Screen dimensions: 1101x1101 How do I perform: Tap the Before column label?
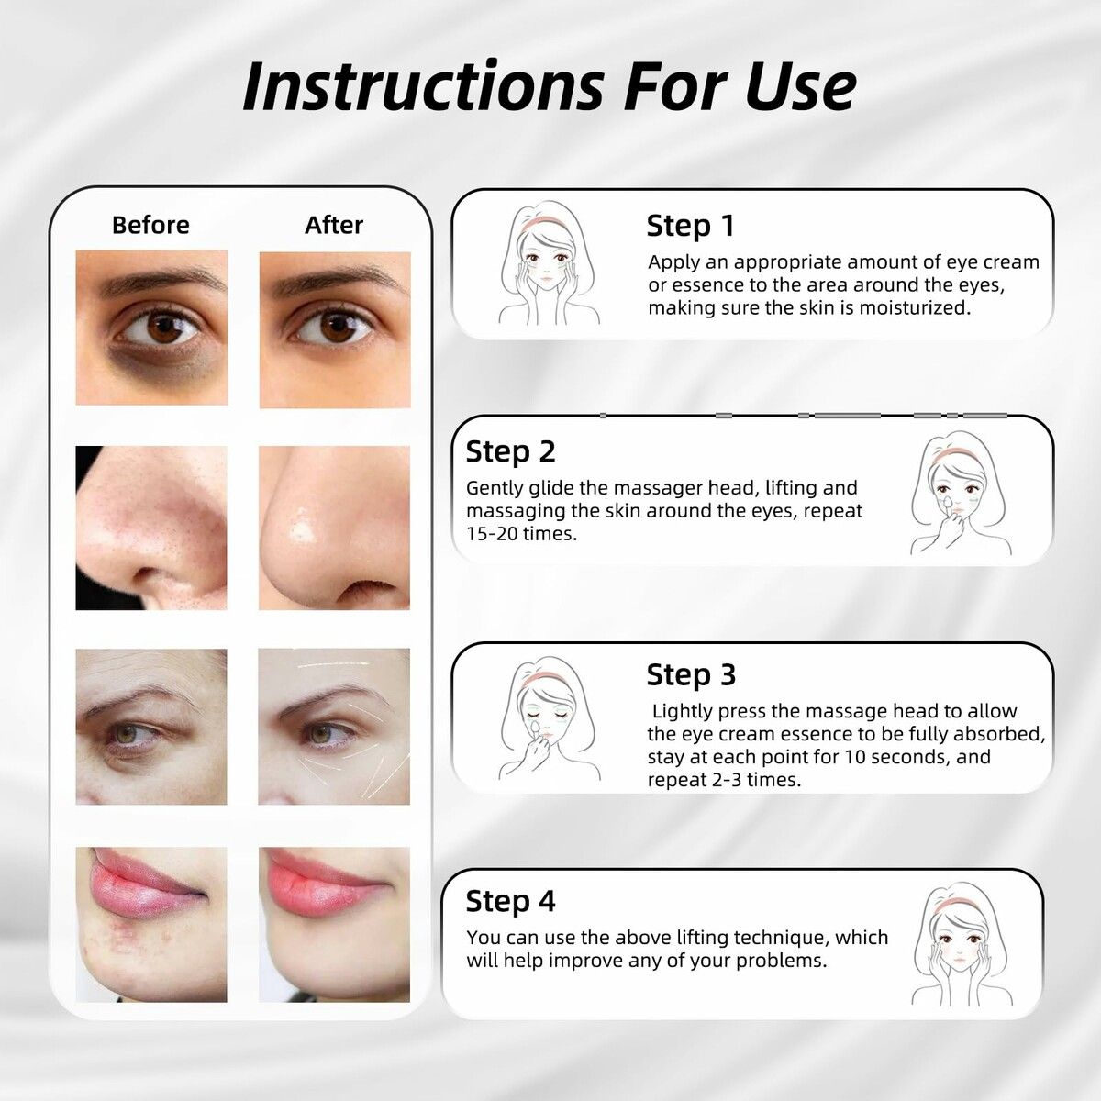(150, 225)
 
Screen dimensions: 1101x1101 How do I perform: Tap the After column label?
(334, 225)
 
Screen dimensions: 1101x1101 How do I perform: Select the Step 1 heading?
(690, 226)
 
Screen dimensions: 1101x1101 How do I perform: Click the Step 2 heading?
(510, 452)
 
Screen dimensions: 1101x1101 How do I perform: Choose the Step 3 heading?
(692, 674)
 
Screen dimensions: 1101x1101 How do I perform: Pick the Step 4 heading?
(510, 902)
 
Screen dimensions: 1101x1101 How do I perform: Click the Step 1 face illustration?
(549, 262)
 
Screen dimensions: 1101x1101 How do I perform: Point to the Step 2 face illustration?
(961, 493)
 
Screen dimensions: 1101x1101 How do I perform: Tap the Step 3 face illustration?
(549, 718)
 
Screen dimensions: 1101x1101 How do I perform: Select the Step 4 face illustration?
(962, 944)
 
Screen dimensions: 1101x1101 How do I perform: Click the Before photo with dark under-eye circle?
(151, 328)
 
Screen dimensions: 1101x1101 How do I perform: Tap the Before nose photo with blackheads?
(151, 528)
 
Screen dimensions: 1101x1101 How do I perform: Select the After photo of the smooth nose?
(334, 528)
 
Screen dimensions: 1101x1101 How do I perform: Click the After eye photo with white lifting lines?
(334, 726)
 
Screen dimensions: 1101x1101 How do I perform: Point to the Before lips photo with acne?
(151, 925)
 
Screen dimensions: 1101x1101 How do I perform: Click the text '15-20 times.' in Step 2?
(522, 534)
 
